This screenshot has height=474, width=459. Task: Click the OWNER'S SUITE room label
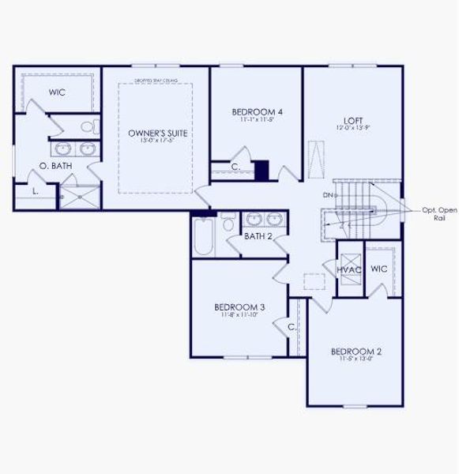pyautogui.click(x=158, y=134)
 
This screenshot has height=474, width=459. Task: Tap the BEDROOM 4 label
pyautogui.click(x=258, y=112)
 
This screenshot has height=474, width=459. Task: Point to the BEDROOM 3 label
pyautogui.click(x=239, y=307)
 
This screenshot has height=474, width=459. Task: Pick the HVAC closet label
pyautogui.click(x=348, y=270)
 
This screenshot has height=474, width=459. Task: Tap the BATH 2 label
pyautogui.click(x=258, y=235)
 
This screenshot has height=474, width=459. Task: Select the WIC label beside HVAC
pyautogui.click(x=378, y=269)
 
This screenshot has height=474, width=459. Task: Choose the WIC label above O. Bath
pyautogui.click(x=56, y=92)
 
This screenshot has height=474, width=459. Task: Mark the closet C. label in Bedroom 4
pyautogui.click(x=235, y=167)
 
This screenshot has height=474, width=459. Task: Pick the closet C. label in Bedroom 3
pyautogui.click(x=292, y=326)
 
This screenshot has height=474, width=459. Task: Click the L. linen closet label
pyautogui.click(x=36, y=192)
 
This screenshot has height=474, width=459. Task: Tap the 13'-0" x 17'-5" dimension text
pyautogui.click(x=158, y=141)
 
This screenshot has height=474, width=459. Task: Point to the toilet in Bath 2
pyautogui.click(x=228, y=225)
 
